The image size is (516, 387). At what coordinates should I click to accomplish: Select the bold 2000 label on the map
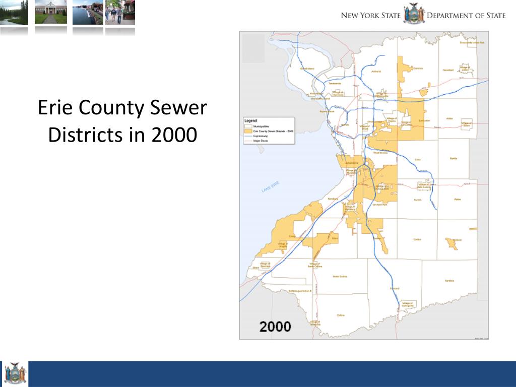click(275, 327)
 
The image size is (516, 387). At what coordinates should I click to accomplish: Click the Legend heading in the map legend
click(251, 121)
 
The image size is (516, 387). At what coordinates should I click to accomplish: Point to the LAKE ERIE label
click(270, 187)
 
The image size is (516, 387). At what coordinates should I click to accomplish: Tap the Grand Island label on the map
click(307, 69)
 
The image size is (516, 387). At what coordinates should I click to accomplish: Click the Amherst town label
click(376, 72)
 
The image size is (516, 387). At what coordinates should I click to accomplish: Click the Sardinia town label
click(449, 281)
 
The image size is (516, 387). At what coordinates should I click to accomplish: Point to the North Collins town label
click(340, 276)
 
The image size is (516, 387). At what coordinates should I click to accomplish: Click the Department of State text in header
click(466, 15)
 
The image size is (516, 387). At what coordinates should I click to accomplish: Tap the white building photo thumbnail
click(50, 13)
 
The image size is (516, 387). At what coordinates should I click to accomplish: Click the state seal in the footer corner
click(14, 374)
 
